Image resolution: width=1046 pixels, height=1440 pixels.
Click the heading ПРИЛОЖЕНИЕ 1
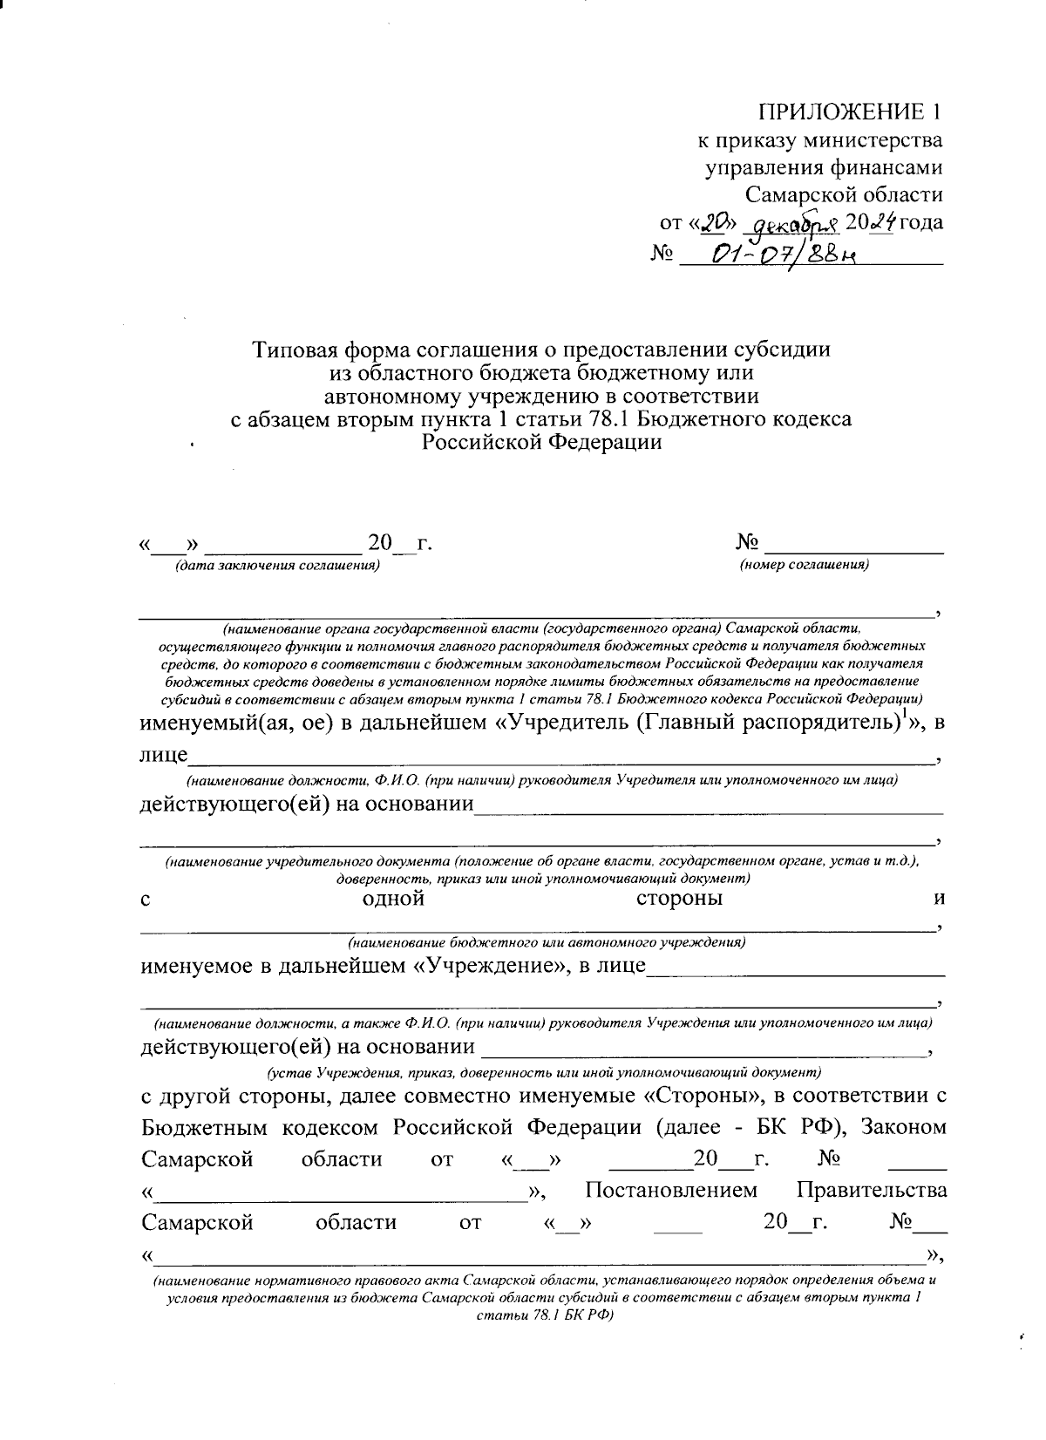coord(850,112)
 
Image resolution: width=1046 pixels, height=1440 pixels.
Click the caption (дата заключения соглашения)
coord(277,566)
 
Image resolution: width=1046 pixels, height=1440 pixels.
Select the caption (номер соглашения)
coord(804,566)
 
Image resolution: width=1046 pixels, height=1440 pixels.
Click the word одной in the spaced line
coord(393,899)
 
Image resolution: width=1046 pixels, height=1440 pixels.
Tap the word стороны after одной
coord(679,899)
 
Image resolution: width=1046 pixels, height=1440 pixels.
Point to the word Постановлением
coord(671,1191)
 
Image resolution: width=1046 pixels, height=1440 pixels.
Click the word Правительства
coord(872,1191)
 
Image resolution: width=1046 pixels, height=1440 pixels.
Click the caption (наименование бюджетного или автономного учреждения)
coord(547,942)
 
